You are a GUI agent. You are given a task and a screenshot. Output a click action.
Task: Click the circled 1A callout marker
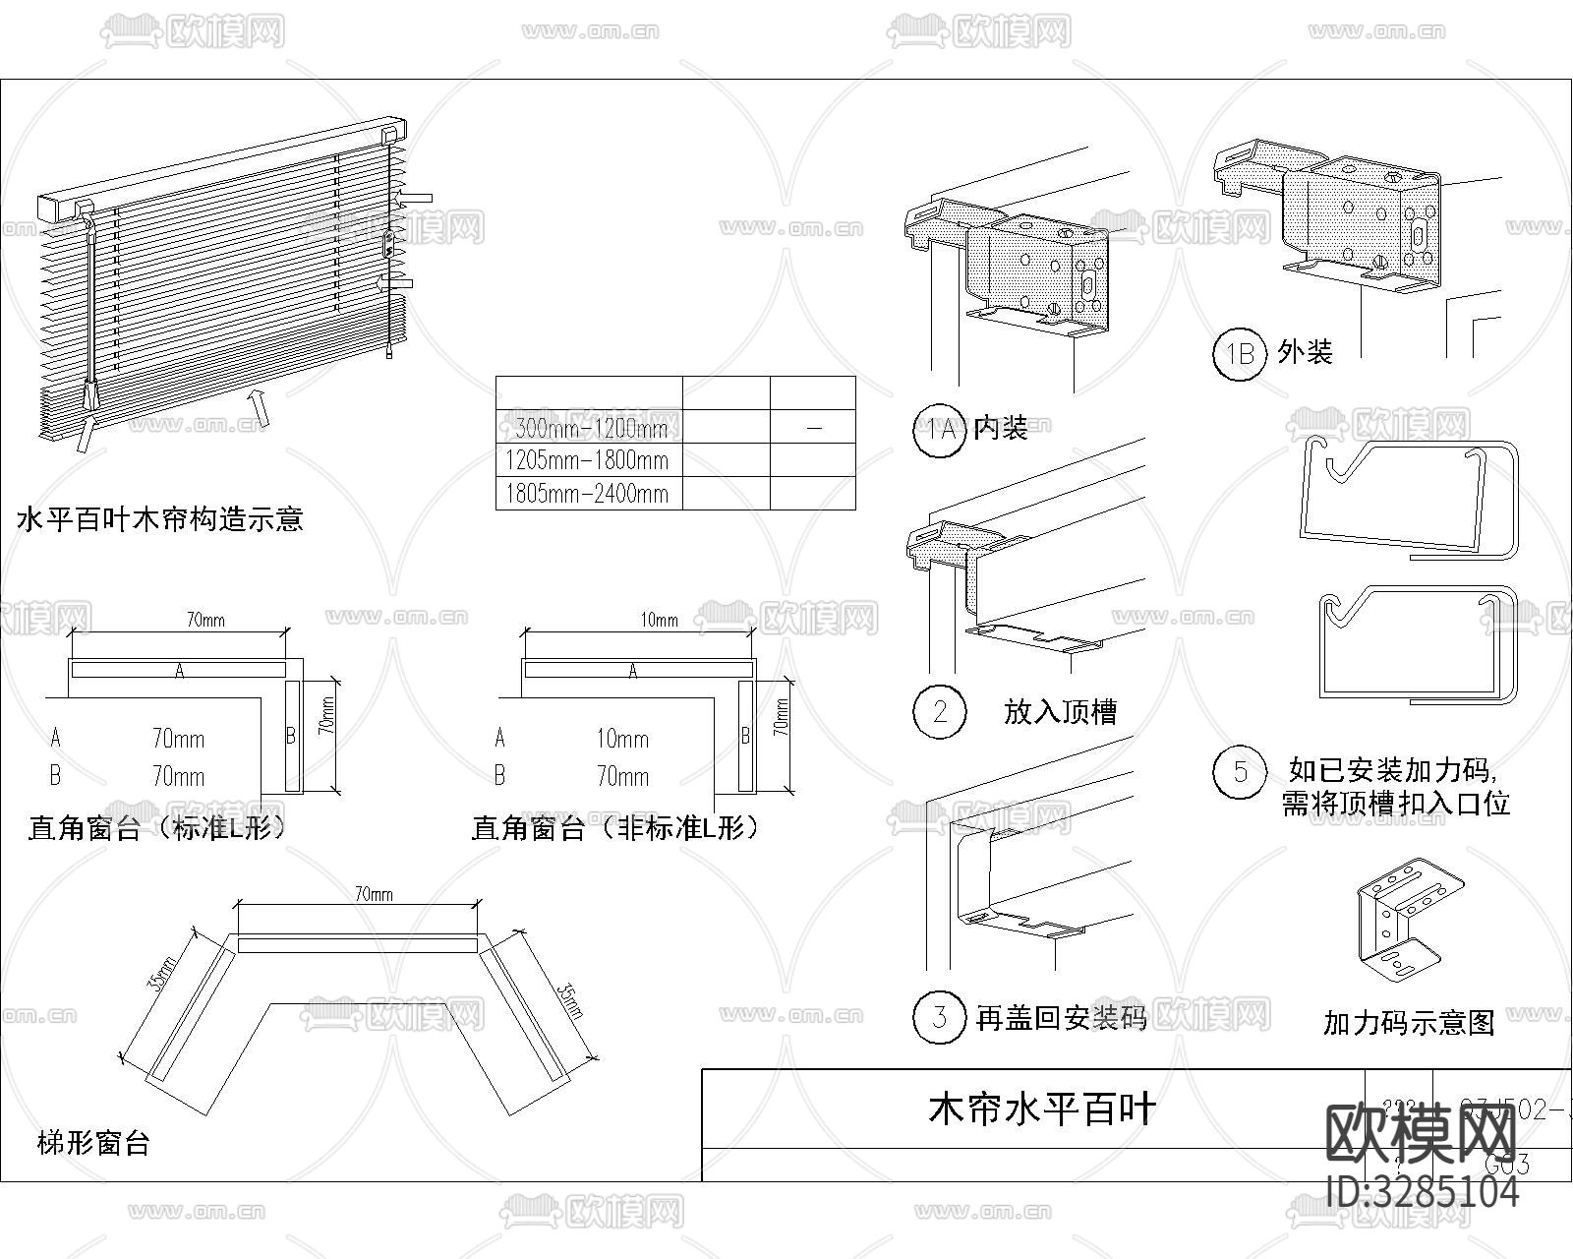point(939,430)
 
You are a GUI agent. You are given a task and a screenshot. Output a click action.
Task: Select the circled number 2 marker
point(939,710)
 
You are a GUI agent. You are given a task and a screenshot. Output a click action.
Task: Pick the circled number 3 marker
point(939,1016)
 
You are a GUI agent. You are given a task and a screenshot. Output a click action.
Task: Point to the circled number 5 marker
point(1240,772)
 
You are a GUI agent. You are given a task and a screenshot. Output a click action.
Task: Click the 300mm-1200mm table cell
point(590,428)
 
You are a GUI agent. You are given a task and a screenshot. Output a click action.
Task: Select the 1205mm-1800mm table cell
point(587,460)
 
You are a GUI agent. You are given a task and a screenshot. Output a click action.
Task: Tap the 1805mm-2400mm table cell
point(587,494)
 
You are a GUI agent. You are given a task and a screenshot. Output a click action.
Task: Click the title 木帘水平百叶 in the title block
point(1042,1109)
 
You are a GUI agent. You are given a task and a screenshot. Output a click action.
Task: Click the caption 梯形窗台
point(93,1144)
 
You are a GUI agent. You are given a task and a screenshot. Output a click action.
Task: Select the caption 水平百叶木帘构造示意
point(160,518)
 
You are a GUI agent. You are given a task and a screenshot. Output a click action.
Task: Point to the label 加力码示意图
point(1408,1023)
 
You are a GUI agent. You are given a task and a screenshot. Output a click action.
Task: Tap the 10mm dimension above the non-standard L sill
point(659,620)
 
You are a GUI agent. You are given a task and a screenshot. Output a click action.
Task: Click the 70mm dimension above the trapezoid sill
point(373,893)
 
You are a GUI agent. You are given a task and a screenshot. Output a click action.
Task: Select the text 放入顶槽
point(1060,711)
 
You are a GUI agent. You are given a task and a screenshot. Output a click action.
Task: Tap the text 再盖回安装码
point(1060,1018)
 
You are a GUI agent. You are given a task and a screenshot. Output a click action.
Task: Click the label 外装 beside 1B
point(1305,352)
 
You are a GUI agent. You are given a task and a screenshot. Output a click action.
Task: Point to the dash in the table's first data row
point(813,428)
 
